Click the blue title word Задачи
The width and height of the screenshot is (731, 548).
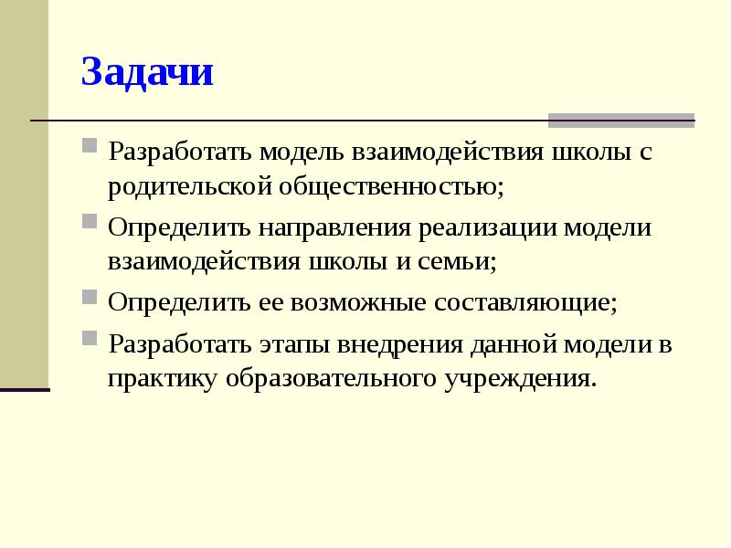point(147,72)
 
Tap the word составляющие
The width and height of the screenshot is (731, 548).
point(524,302)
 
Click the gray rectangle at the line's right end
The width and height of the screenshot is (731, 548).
point(621,121)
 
